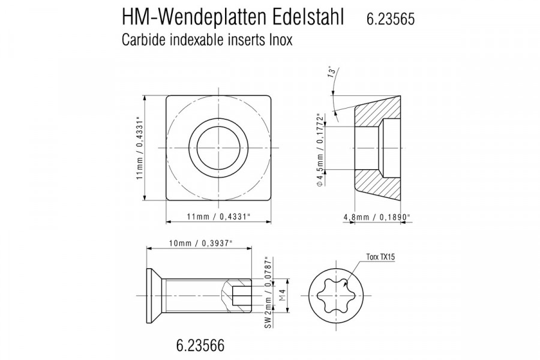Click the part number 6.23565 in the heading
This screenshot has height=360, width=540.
[390, 19]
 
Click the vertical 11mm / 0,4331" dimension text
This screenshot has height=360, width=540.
[139, 148]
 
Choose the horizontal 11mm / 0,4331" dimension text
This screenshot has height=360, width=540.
[218, 216]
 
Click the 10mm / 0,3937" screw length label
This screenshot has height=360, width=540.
[200, 242]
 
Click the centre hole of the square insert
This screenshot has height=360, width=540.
[218, 148]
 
